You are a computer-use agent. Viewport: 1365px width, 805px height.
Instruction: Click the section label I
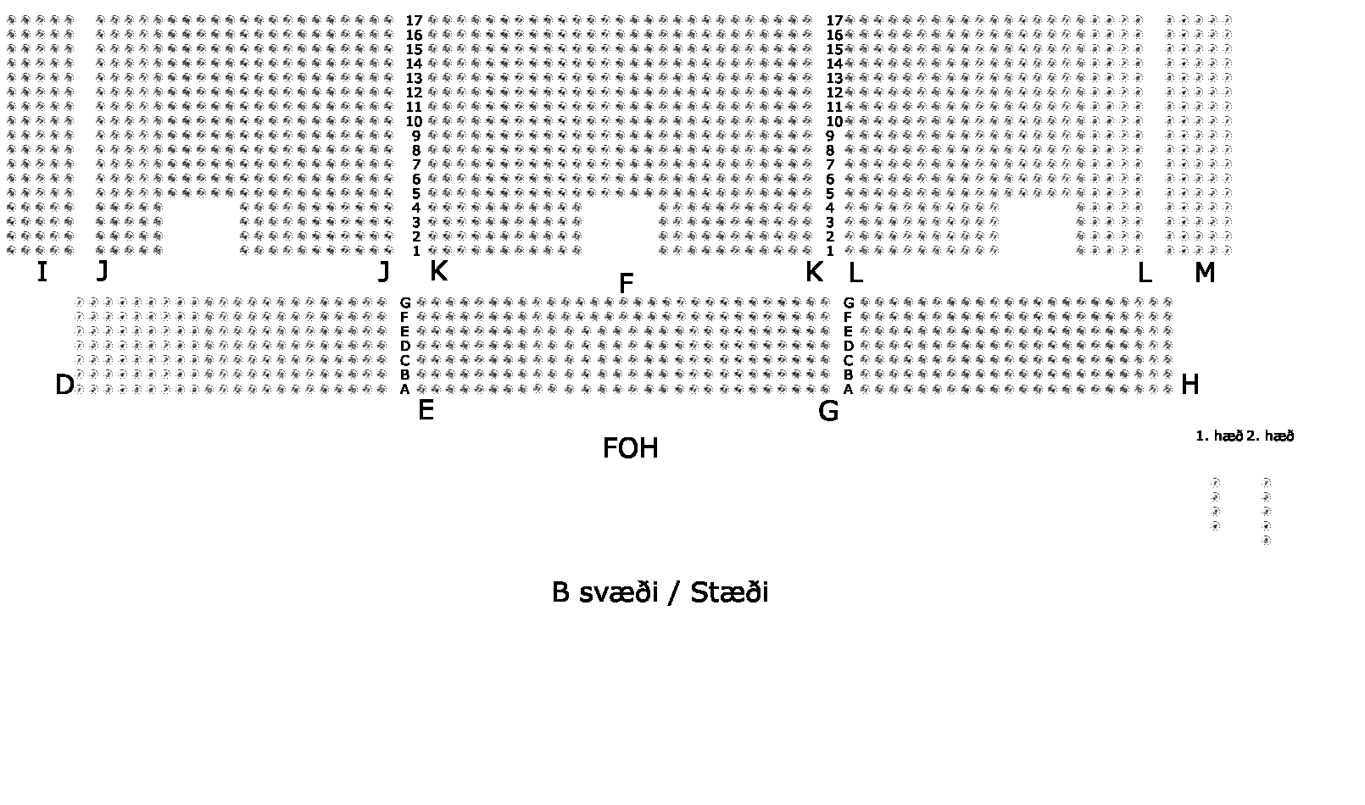[x=42, y=273]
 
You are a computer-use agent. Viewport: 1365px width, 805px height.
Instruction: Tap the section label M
[x=1204, y=273]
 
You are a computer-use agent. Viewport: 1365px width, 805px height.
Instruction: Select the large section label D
[x=64, y=386]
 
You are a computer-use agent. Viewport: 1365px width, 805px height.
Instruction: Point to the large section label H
[x=1189, y=386]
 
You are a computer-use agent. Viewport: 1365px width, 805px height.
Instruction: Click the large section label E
[x=426, y=411]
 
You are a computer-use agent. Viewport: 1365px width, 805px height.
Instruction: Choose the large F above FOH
[x=627, y=284]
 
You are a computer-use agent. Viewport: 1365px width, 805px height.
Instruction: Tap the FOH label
[x=630, y=448]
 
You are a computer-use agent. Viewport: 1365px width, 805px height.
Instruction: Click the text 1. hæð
[x=1218, y=436]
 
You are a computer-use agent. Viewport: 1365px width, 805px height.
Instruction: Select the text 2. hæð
[x=1270, y=436]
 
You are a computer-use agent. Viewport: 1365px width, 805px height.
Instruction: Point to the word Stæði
[x=729, y=592]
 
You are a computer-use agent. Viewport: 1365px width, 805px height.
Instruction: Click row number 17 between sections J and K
[x=414, y=20]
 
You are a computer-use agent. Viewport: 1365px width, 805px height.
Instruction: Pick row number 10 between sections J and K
[x=414, y=121]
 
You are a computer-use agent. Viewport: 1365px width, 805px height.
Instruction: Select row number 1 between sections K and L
[x=830, y=251]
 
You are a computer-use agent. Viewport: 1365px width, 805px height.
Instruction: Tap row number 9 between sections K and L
[x=830, y=136]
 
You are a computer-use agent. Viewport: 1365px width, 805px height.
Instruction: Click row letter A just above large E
[x=405, y=389]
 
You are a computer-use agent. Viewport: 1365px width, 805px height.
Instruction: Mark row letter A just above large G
[x=848, y=389]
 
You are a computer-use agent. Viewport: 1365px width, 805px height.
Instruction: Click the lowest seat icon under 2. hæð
[x=1266, y=540]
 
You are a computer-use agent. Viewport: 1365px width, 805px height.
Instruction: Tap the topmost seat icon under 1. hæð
[x=1215, y=482]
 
